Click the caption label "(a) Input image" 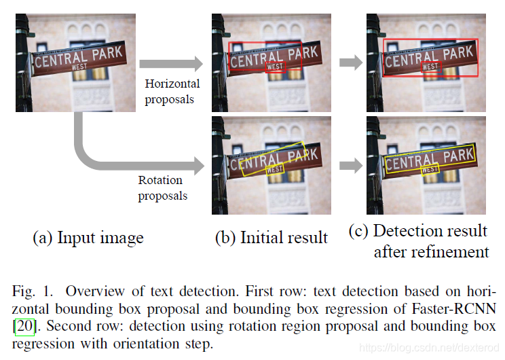click(88, 238)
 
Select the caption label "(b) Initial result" click(272, 238)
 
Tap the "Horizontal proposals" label click(172, 92)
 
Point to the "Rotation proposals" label click(163, 188)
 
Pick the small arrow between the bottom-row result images click(350, 164)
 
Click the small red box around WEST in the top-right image click(430, 67)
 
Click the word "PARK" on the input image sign click(107, 52)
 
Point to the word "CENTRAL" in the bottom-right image click(411, 162)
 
